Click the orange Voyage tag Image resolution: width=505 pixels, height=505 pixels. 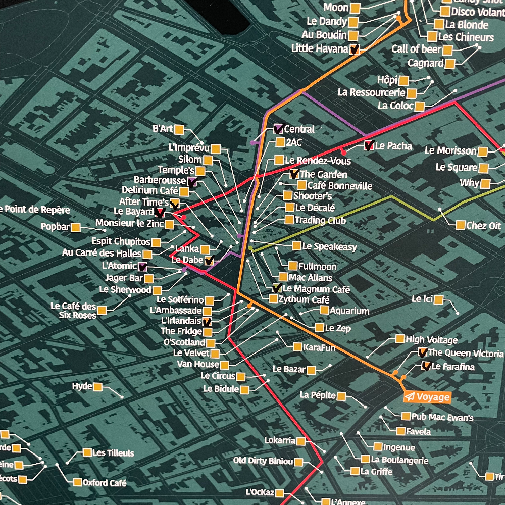pyautogui.click(x=427, y=397)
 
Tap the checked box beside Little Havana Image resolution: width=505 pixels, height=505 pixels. pyautogui.click(x=355, y=49)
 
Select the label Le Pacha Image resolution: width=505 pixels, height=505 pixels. pyautogui.click(x=393, y=146)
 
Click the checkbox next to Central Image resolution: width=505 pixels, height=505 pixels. pyautogui.click(x=278, y=129)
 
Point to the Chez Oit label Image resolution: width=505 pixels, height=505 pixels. pyautogui.click(x=483, y=226)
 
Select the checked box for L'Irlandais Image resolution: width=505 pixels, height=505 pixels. pyautogui.click(x=207, y=321)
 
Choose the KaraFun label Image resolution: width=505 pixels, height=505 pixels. pyautogui.click(x=319, y=347)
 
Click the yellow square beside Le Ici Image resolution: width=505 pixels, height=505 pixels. pyautogui.click(x=438, y=300)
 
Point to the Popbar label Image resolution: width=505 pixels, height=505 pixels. pyautogui.click(x=55, y=227)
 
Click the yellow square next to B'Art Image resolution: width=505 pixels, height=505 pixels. pyautogui.click(x=179, y=129)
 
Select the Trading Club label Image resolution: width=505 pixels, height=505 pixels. pyautogui.click(x=320, y=220)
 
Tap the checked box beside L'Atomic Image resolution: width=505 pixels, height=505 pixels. pyautogui.click(x=142, y=267)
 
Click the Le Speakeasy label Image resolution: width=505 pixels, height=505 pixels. pyautogui.click(x=329, y=247)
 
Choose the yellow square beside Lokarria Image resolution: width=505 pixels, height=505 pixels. pyautogui.click(x=301, y=441)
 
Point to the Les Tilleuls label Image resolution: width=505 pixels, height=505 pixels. pyautogui.click(x=113, y=453)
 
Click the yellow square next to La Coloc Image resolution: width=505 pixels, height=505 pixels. pyautogui.click(x=420, y=106)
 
